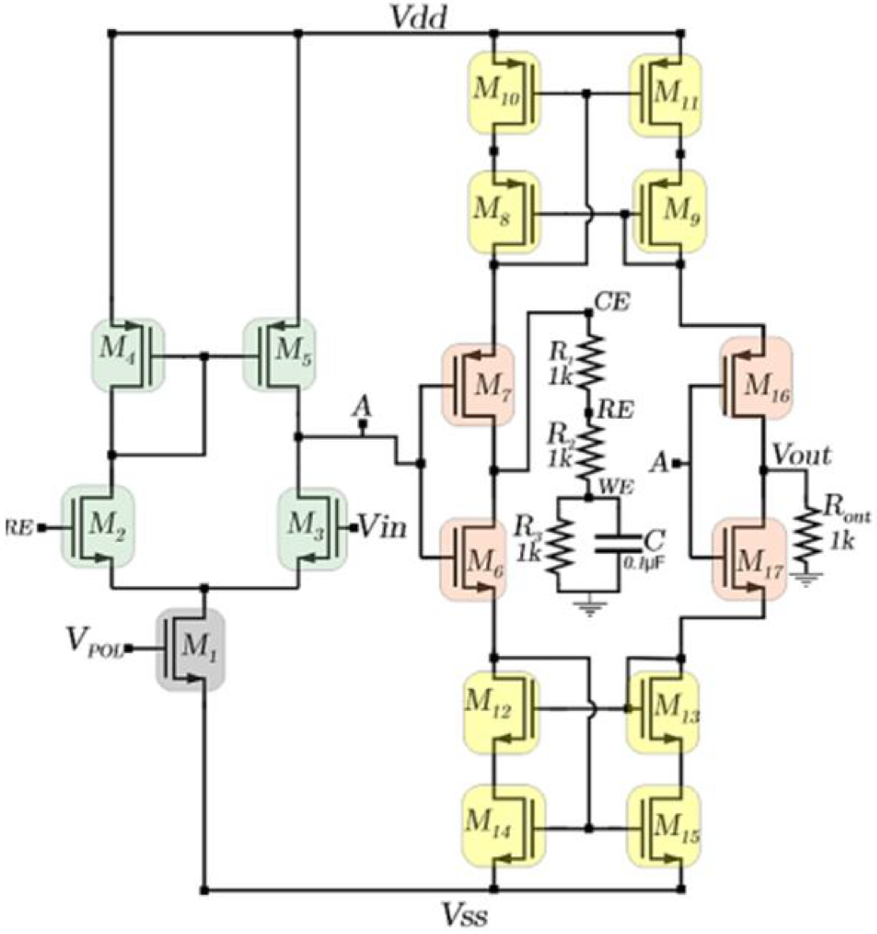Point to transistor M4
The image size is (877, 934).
128,355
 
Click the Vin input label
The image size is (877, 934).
382,528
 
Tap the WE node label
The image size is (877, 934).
615,487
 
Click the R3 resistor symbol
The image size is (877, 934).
559,545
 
